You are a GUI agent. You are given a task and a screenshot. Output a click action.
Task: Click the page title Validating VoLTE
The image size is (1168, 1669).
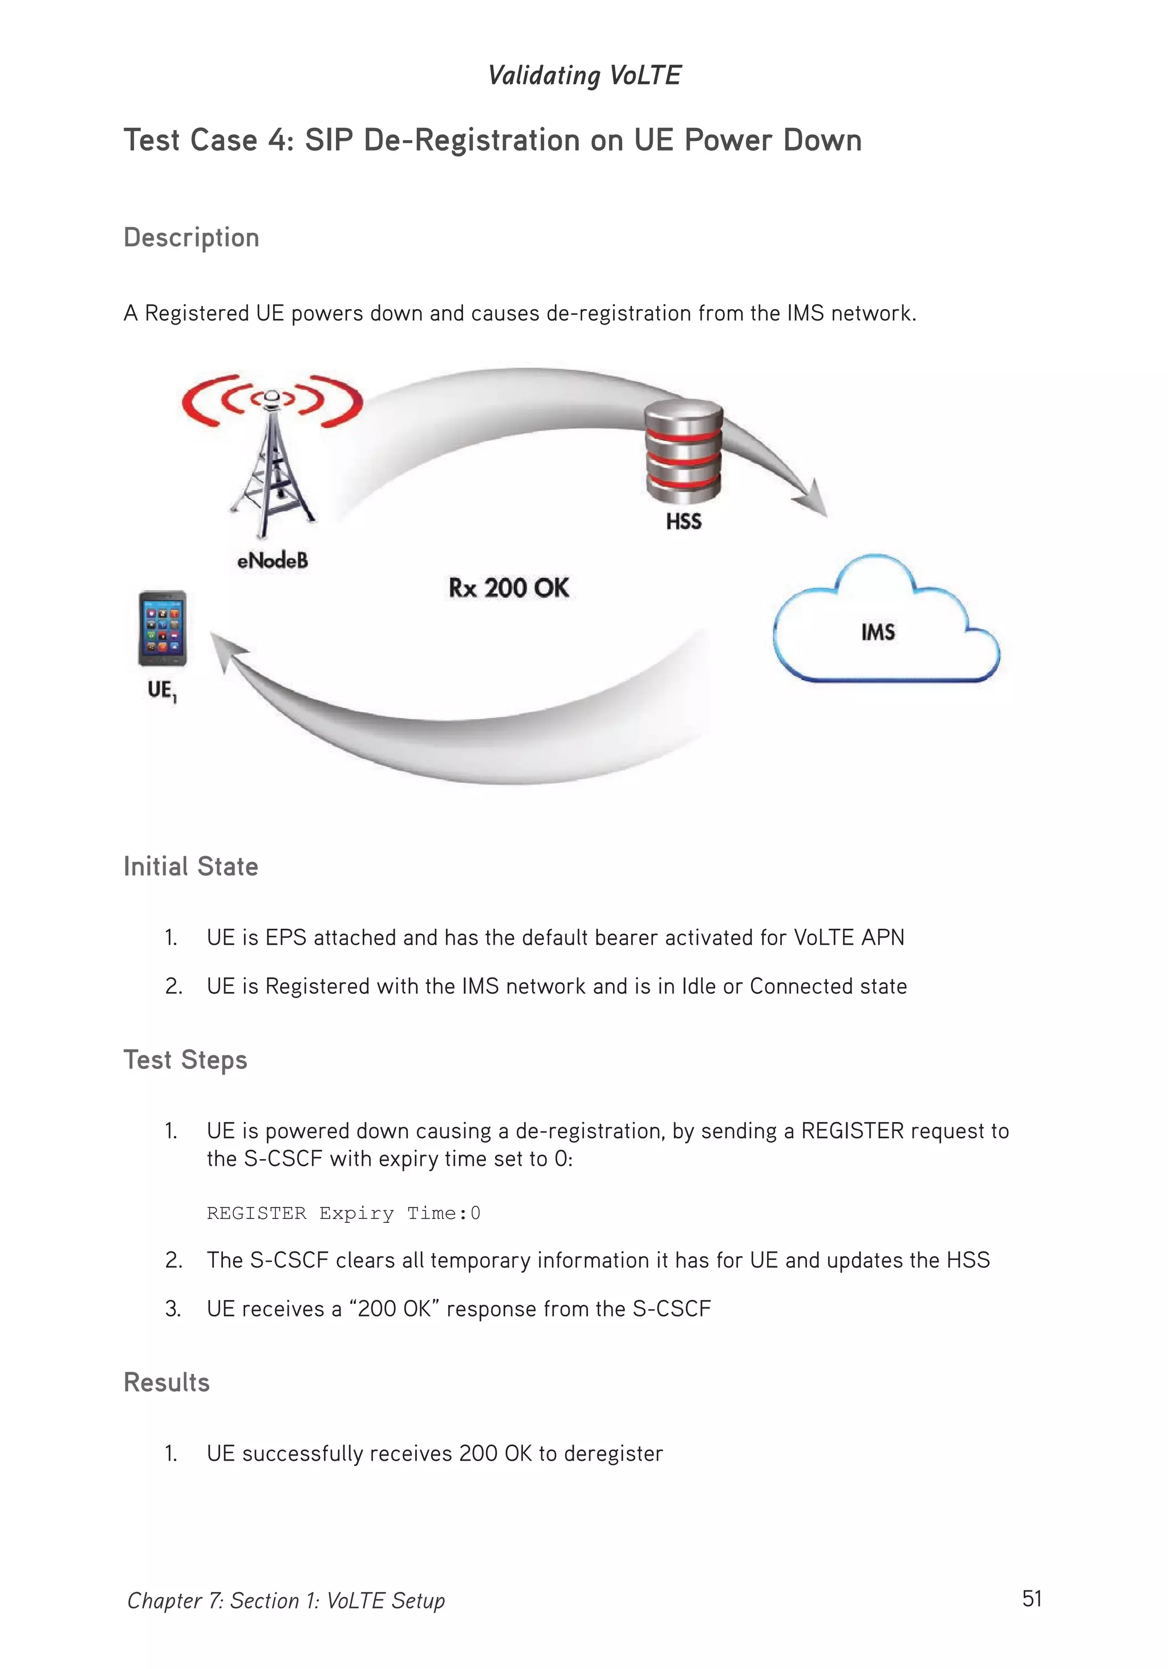583,75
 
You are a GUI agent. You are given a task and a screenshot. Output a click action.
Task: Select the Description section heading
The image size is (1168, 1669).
191,238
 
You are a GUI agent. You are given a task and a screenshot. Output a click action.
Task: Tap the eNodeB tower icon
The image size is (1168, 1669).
272,458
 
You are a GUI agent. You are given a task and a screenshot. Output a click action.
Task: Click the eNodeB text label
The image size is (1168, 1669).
273,561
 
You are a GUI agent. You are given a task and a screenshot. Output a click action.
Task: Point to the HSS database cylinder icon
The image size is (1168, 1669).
683,451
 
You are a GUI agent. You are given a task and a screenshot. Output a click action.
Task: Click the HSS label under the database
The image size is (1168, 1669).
683,521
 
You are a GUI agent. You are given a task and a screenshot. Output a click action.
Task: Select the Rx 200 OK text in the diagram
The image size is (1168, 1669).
508,588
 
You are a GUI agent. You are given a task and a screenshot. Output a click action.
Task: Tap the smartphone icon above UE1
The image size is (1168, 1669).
162,628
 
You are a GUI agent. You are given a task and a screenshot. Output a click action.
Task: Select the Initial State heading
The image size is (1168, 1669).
190,866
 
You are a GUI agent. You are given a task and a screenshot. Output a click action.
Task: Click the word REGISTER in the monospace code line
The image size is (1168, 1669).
256,1213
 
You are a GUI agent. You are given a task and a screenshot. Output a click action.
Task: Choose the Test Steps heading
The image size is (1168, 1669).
185,1060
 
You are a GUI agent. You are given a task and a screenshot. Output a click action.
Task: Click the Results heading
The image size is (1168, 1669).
167,1382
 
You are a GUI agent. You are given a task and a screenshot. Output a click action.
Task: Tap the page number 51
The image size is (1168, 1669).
1031,1598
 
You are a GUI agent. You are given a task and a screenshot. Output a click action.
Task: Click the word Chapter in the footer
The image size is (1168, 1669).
164,1601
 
